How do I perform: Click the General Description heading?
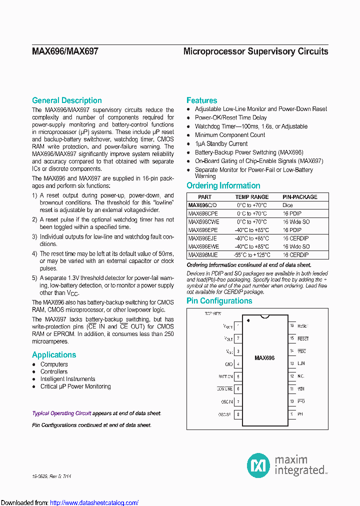click(x=66, y=100)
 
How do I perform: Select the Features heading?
click(x=201, y=100)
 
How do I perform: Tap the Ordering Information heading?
click(x=223, y=185)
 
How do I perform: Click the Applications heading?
click(x=54, y=355)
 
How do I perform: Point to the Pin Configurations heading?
click(x=219, y=301)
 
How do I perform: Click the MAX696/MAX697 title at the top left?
click(x=65, y=51)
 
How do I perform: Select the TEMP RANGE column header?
click(x=252, y=197)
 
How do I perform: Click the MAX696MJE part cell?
click(x=203, y=255)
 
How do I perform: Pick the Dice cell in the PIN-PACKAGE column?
click(x=288, y=205)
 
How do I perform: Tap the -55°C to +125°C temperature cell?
click(x=252, y=255)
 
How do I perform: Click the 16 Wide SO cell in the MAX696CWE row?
click(x=296, y=222)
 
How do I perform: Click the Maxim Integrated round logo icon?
click(x=258, y=465)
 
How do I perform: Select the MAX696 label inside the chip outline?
click(x=264, y=358)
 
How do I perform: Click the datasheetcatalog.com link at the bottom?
click(x=94, y=502)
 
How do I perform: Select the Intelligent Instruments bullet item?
click(x=67, y=379)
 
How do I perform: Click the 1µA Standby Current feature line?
click(x=221, y=143)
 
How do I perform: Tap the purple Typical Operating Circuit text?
click(x=61, y=413)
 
